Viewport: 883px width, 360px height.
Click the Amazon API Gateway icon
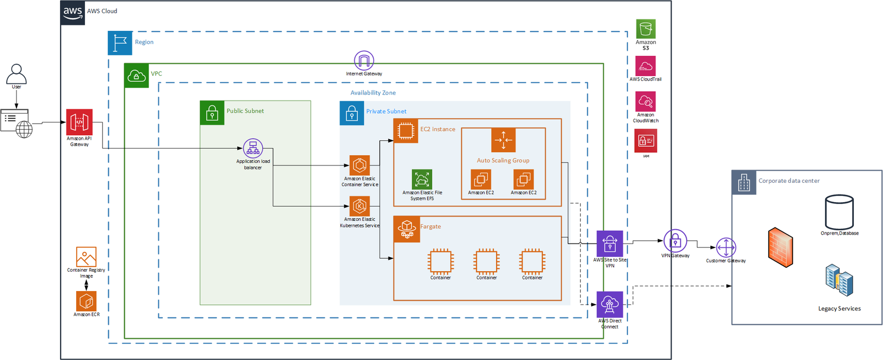click(79, 122)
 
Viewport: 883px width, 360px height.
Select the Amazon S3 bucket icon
click(646, 29)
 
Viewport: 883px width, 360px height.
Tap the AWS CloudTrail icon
click(645, 66)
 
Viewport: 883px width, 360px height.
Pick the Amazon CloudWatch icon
click(645, 102)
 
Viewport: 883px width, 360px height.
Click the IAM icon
click(646, 141)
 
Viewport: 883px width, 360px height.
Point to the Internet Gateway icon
click(364, 60)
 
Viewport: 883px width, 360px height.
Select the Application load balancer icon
click(253, 148)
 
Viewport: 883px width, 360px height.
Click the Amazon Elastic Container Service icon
click(360, 165)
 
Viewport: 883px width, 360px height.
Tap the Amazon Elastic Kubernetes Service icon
click(360, 206)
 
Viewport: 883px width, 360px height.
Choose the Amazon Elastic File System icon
click(422, 179)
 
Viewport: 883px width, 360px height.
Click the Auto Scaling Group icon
click(503, 140)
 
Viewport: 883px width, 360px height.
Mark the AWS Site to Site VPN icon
click(610, 243)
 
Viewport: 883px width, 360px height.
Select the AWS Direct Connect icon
click(610, 304)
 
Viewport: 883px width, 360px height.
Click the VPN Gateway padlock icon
click(675, 241)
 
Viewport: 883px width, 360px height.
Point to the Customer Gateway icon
click(726, 248)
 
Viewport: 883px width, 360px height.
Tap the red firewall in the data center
click(780, 247)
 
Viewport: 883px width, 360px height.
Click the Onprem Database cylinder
click(839, 212)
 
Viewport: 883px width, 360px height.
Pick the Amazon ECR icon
click(86, 301)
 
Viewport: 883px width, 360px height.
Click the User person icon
click(17, 73)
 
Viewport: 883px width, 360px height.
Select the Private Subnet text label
click(386, 112)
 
